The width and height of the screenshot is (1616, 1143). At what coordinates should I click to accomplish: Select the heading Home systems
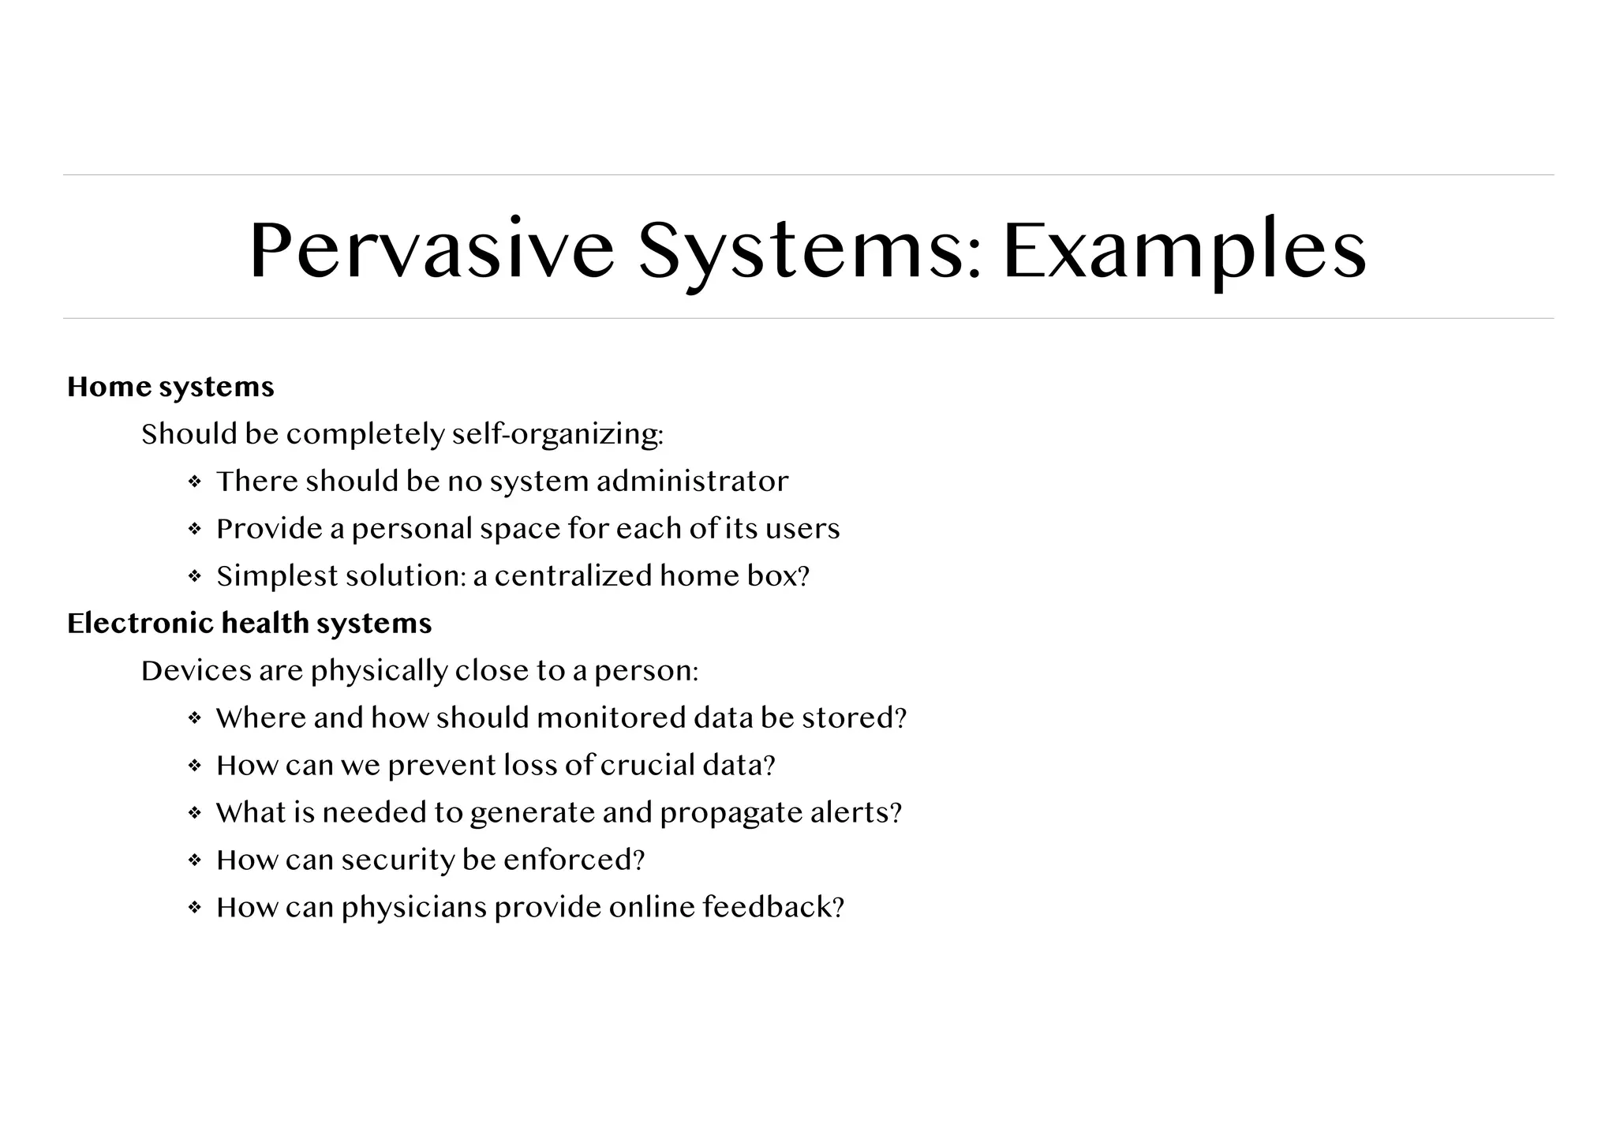[170, 387]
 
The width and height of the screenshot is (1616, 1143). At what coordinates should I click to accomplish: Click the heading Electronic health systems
[249, 624]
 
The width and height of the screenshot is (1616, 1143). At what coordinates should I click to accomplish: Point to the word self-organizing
[557, 434]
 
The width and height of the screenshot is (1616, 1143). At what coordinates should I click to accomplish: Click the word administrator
[692, 482]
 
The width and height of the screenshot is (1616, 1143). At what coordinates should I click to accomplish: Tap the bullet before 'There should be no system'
[195, 482]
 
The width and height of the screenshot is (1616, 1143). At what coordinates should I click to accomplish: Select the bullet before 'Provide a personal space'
[195, 529]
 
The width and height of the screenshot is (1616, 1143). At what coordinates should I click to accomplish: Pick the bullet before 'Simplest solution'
[195, 576]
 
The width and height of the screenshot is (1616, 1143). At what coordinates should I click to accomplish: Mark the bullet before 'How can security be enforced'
[195, 860]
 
